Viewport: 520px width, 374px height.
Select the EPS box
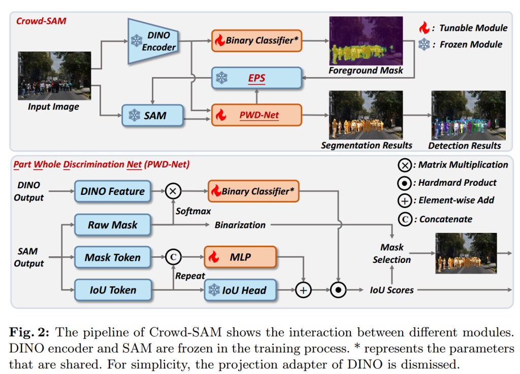pos(256,79)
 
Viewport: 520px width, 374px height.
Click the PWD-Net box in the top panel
pos(256,115)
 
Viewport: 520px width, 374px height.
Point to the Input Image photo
pos(54,75)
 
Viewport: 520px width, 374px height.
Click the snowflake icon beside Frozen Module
pos(424,45)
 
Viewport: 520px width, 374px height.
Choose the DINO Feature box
pos(112,191)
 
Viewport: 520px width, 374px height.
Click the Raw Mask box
pos(112,225)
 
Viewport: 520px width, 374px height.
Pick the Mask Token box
pos(112,257)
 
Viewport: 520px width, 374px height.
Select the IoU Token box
pos(112,290)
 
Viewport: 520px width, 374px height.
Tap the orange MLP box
pos(240,257)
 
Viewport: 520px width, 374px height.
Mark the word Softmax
pos(193,210)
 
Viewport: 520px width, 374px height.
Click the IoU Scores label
pos(392,290)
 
